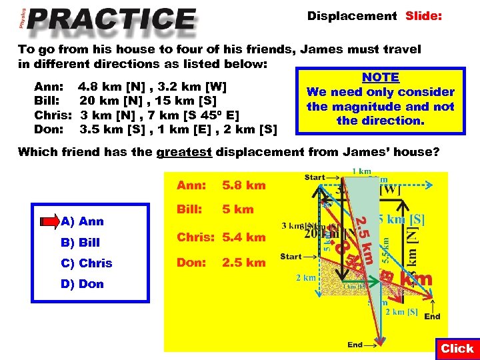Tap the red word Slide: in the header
423,15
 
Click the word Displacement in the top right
351,15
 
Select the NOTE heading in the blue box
380,77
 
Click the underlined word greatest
184,152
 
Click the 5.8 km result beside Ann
244,185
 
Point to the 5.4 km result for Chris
244,237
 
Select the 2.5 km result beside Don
244,263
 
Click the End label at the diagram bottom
355,345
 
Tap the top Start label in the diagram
314,177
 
